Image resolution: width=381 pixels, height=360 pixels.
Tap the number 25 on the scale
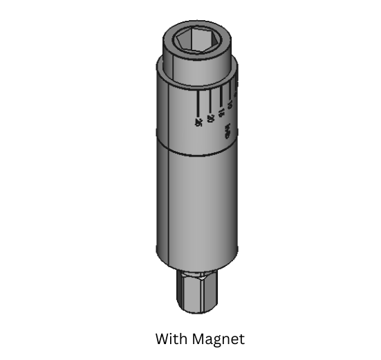(198, 122)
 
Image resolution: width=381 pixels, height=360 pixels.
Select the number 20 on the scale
(210, 117)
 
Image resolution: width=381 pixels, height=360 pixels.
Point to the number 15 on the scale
(221, 111)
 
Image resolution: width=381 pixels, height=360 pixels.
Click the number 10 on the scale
(229, 105)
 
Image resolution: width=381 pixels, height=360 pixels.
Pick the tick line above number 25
(198, 105)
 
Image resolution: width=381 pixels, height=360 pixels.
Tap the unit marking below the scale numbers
(227, 129)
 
